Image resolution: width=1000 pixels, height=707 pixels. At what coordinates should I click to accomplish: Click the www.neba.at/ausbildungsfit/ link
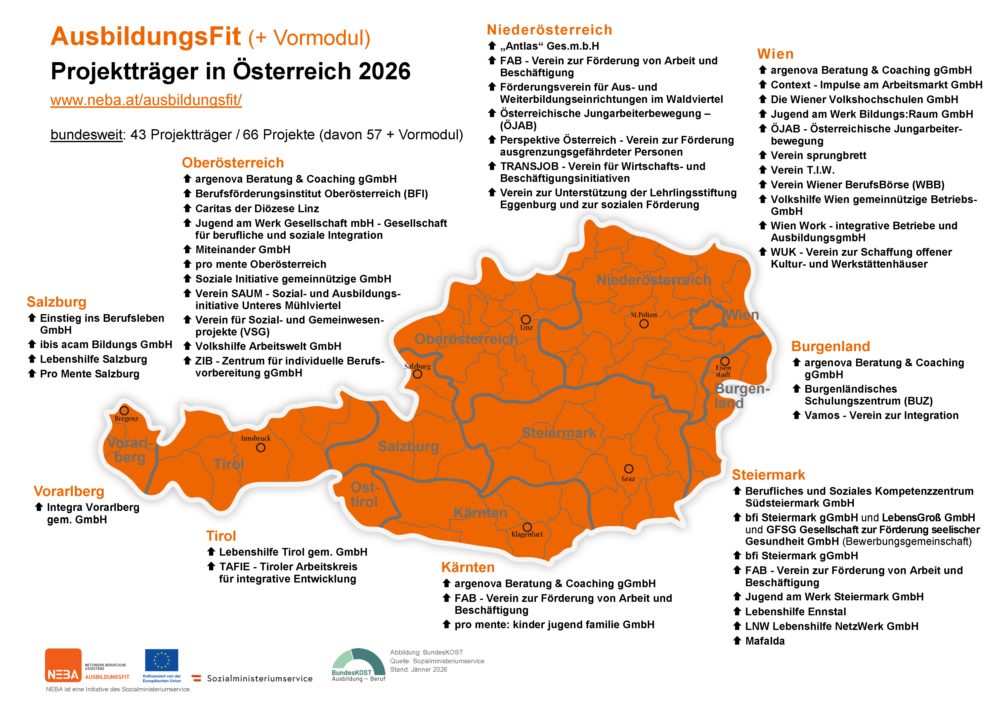[146, 100]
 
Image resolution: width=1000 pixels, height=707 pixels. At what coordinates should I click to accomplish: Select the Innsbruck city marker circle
[261, 448]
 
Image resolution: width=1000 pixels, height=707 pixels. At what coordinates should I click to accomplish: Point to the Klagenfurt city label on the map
[527, 535]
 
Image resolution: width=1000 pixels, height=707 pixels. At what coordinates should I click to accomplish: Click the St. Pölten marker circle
[644, 324]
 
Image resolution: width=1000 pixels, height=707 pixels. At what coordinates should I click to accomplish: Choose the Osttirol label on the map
[365, 495]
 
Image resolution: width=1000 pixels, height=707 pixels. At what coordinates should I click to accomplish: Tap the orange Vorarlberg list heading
[69, 491]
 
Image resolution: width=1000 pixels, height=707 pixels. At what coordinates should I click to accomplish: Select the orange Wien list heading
[775, 54]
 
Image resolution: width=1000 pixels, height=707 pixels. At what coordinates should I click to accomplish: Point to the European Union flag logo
[162, 660]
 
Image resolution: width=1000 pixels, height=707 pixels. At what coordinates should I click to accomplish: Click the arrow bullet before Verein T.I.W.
[763, 170]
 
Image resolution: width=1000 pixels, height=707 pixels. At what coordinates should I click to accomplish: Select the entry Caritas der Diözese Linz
[257, 208]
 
